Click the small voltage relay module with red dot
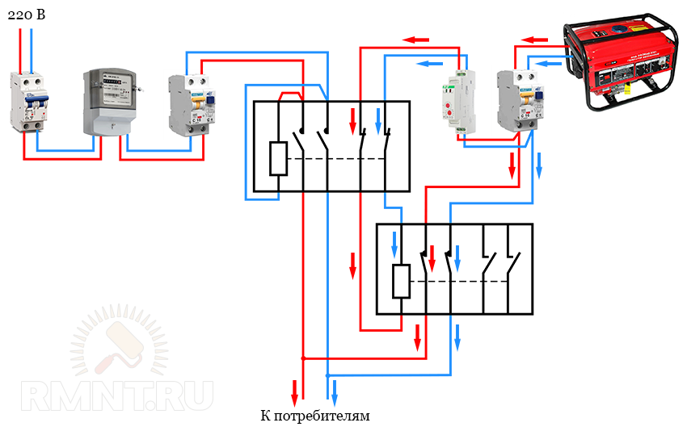click(x=452, y=103)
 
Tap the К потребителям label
click(x=315, y=416)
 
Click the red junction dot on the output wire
click(x=303, y=358)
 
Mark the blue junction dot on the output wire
click(x=327, y=375)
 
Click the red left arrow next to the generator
click(x=534, y=39)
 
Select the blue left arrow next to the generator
click(x=549, y=62)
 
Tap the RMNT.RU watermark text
click(x=117, y=395)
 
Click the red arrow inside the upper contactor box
click(x=352, y=121)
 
